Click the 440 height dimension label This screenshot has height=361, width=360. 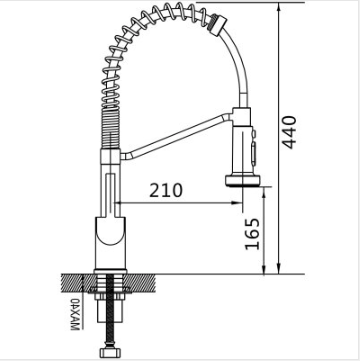pyautogui.click(x=288, y=132)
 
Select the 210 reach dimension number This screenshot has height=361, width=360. pyautogui.click(x=166, y=190)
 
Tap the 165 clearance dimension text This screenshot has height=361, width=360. pyautogui.click(x=252, y=234)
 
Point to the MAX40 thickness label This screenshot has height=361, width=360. pyautogui.click(x=75, y=314)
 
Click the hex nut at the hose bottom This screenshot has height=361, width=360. pyautogui.click(x=109, y=352)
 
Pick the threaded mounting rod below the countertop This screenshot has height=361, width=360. pyautogui.click(x=109, y=312)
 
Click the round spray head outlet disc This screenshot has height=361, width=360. pyautogui.click(x=242, y=181)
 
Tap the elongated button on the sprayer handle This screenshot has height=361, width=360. pyautogui.click(x=254, y=152)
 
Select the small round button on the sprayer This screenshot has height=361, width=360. pyautogui.click(x=254, y=133)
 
